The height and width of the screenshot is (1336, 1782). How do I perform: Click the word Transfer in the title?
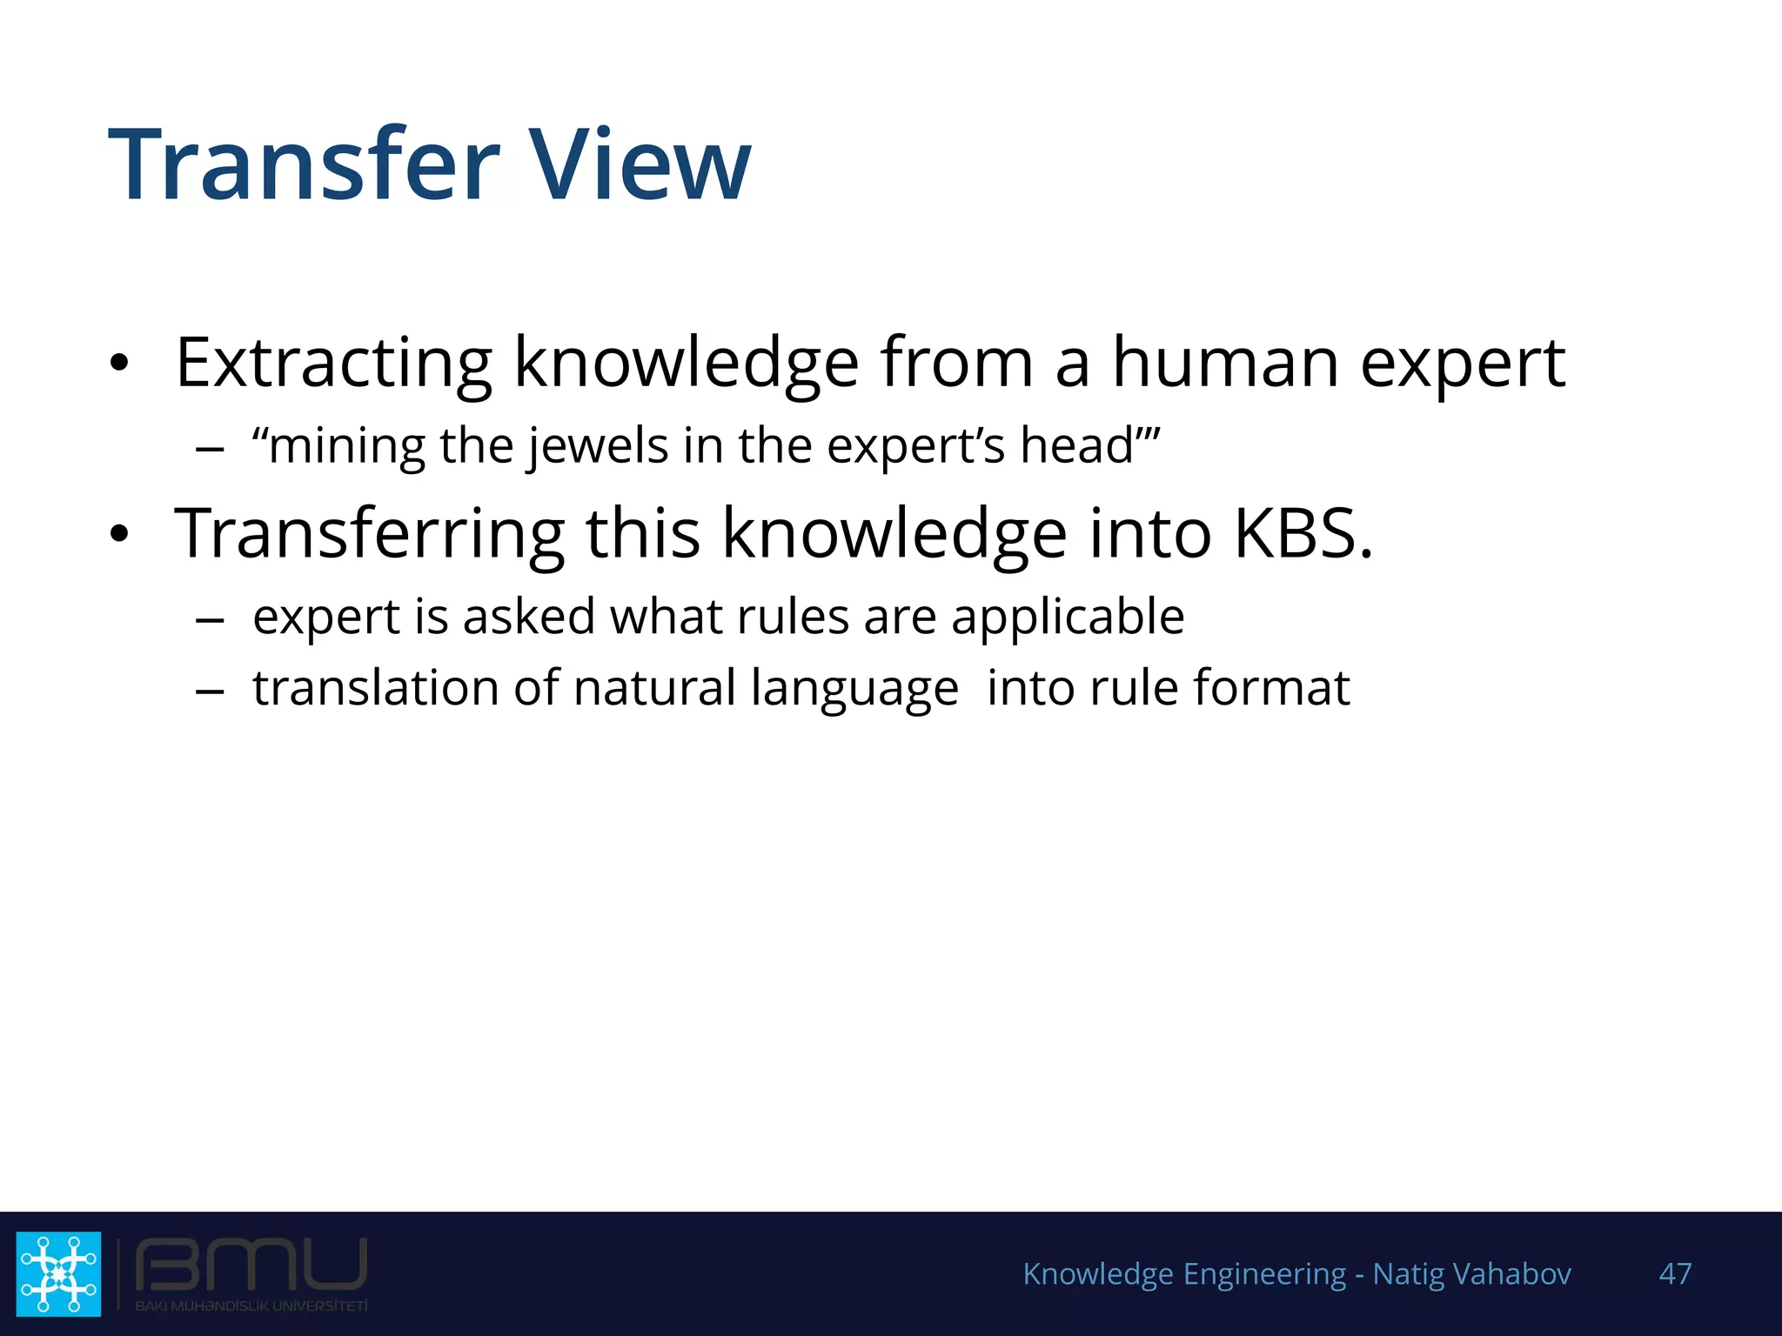pos(304,165)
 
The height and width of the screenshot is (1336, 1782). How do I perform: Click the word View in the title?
pos(640,165)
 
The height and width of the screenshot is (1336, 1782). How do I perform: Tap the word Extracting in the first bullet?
pos(333,364)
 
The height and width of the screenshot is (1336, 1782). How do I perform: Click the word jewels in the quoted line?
pos(599,447)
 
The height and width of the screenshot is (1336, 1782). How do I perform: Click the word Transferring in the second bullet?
pos(370,534)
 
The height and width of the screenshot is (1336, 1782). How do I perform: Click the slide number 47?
pos(1675,1274)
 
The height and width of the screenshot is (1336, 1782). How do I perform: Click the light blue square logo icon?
pos(58,1274)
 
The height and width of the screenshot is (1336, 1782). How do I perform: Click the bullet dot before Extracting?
pos(120,363)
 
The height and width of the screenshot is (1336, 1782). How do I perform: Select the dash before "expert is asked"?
pos(210,620)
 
